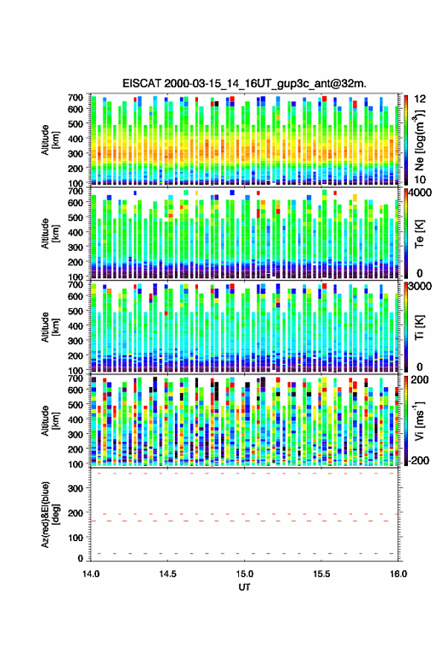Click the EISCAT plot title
click(x=244, y=83)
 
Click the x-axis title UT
click(x=244, y=587)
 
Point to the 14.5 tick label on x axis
click(x=168, y=574)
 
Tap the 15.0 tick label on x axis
click(x=244, y=574)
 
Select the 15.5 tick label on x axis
click(x=322, y=574)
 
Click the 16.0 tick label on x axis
click(x=398, y=574)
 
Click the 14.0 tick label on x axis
click(x=91, y=574)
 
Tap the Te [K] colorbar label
click(x=419, y=234)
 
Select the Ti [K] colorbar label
click(x=419, y=327)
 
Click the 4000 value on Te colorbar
click(x=421, y=194)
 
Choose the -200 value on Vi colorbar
click(x=418, y=460)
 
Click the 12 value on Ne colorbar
click(x=421, y=99)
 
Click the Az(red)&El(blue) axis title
click(x=50, y=514)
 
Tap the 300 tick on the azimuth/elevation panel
click(x=76, y=488)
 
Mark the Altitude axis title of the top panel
click(x=50, y=140)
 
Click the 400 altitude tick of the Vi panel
click(x=76, y=419)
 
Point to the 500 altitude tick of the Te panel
click(x=76, y=217)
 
